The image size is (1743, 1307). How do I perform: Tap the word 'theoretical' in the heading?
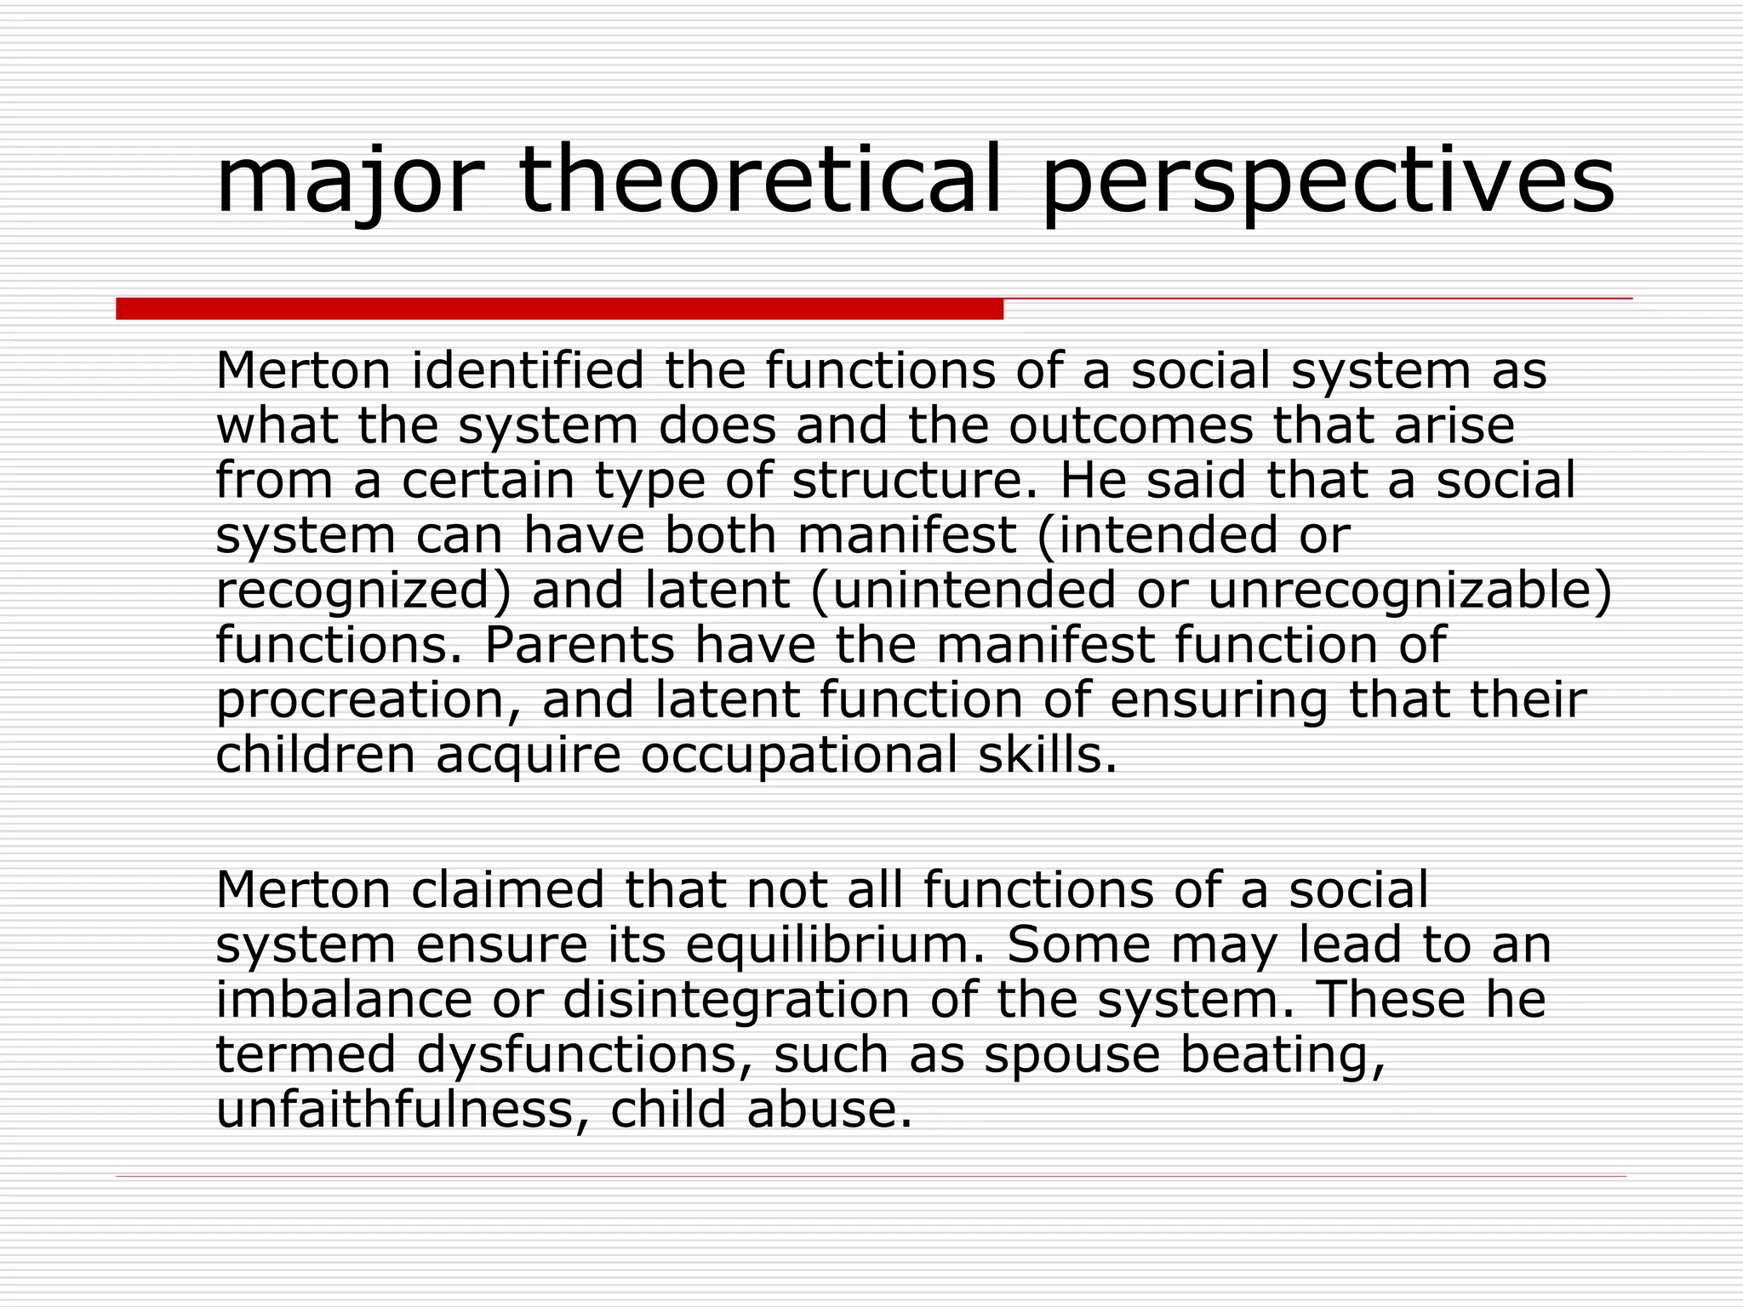point(761,180)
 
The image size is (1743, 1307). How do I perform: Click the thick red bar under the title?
point(559,309)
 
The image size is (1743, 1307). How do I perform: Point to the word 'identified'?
point(528,371)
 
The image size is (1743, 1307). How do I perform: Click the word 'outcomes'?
point(1131,425)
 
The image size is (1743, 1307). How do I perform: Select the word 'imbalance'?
point(344,1000)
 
